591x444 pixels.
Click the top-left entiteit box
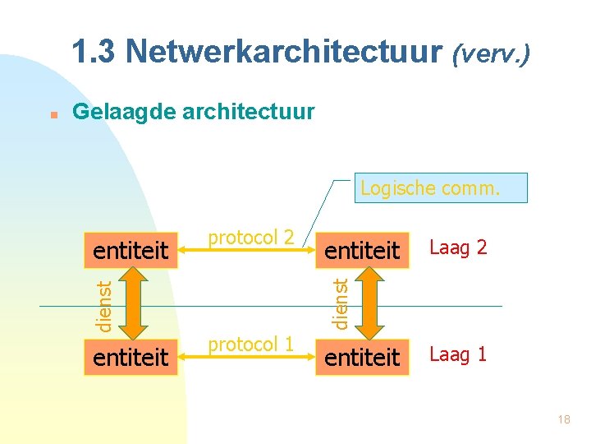tap(131, 248)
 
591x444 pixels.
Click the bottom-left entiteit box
tap(131, 358)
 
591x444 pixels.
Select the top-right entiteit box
tap(362, 248)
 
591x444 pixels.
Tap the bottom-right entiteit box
tap(362, 358)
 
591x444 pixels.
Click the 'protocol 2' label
tap(250, 237)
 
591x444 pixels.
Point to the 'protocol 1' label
tap(250, 345)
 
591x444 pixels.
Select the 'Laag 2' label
tap(459, 247)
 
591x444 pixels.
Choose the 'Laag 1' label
tap(459, 354)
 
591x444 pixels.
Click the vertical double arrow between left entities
tap(131, 303)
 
